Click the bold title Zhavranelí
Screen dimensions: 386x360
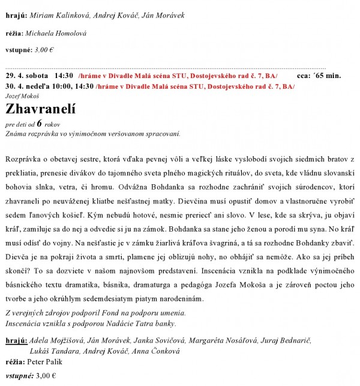(x=43, y=109)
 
